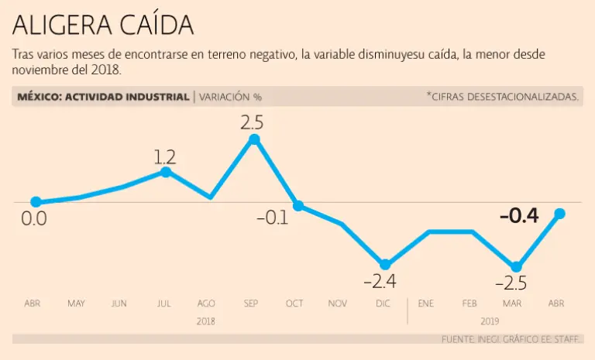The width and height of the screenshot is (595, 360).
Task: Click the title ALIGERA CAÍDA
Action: click(x=102, y=26)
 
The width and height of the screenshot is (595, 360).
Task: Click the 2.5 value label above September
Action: click(x=253, y=122)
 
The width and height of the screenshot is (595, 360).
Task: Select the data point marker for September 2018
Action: click(x=254, y=139)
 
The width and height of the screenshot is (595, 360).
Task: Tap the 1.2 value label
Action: click(x=165, y=157)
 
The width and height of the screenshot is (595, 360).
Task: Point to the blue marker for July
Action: click(x=166, y=171)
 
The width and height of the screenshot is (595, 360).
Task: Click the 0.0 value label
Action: click(x=34, y=219)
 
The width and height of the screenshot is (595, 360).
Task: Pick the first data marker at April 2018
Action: click(x=36, y=202)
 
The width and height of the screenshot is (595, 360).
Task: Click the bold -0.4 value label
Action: click(x=519, y=216)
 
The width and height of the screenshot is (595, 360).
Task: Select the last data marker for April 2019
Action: click(x=560, y=214)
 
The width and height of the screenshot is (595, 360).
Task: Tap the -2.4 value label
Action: click(x=385, y=281)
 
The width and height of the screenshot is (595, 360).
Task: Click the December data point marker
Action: click(x=385, y=264)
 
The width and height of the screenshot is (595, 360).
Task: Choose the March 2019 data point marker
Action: click(x=516, y=266)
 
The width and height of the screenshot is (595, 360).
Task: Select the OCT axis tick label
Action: click(x=294, y=303)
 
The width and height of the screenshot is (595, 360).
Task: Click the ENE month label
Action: click(x=425, y=303)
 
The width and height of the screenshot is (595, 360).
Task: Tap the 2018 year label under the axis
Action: click(x=206, y=321)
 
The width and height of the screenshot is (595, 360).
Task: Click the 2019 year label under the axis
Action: click(x=490, y=321)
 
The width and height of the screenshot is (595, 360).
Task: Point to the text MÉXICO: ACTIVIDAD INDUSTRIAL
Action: click(x=103, y=97)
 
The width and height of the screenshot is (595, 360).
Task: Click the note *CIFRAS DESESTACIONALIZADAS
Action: click(x=502, y=97)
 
